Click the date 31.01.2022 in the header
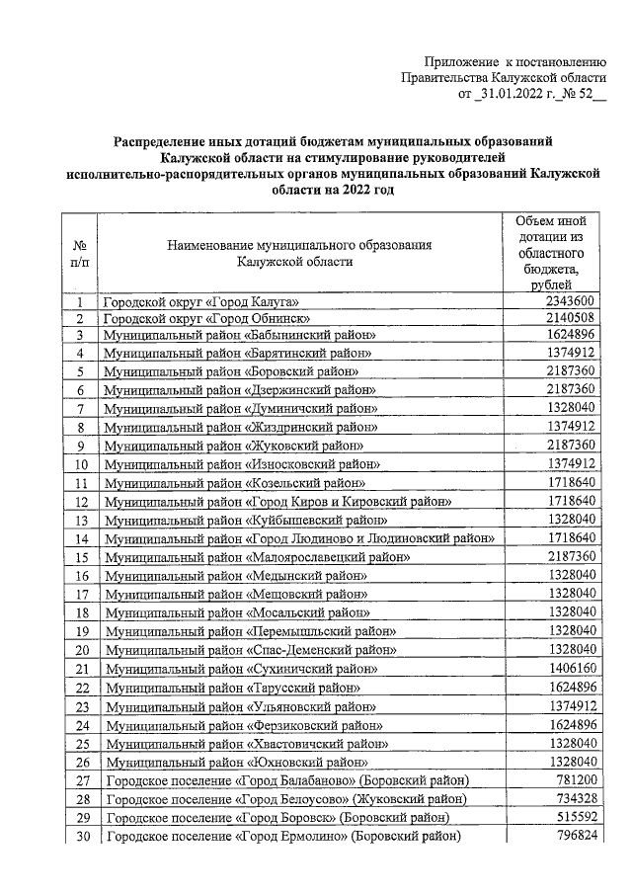512,96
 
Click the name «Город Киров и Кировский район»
278,502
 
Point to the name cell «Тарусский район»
232,687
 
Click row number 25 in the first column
82,743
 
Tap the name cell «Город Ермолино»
283,837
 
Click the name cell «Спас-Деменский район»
243,650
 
